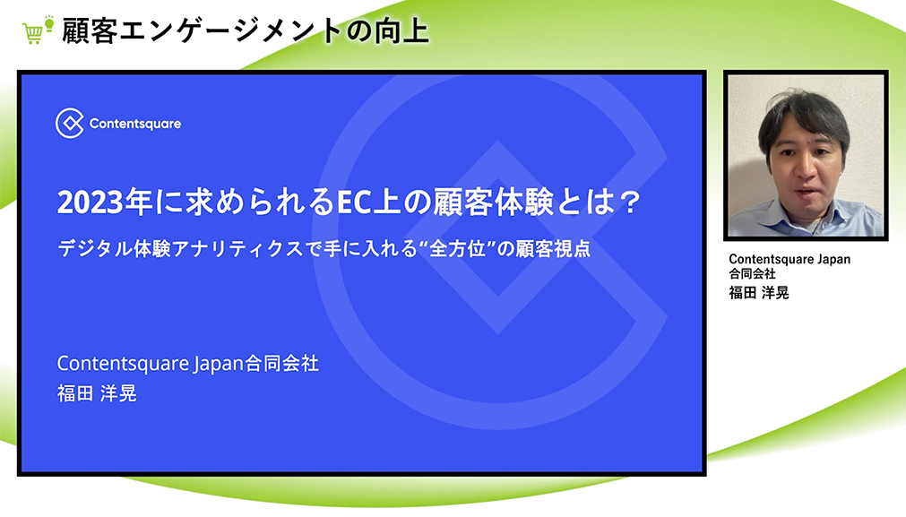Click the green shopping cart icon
point(32,33)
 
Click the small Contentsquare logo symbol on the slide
point(70,123)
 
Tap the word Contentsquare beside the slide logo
point(135,124)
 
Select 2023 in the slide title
point(91,202)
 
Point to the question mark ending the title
point(629,202)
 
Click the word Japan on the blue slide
point(219,364)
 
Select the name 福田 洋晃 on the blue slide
point(97,393)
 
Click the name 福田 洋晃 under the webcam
point(759,293)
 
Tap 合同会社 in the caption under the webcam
point(752,274)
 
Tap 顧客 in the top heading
point(90,30)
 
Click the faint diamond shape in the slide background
point(498,237)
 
